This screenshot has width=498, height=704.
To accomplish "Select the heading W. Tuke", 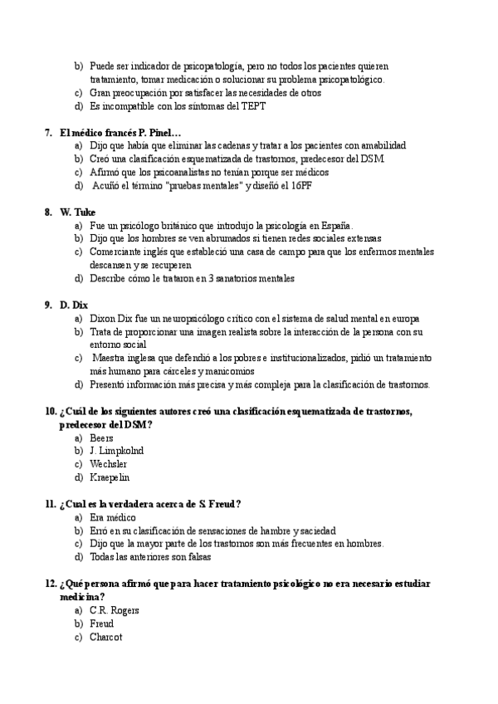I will tap(78, 212).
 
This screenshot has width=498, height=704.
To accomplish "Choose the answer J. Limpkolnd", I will tap(116, 450).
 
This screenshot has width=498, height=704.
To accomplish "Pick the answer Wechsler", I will tap(108, 463).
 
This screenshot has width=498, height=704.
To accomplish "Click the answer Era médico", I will tap(112, 516).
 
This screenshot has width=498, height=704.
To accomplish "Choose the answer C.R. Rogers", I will tap(115, 610).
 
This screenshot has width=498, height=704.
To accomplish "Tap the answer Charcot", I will tap(106, 637).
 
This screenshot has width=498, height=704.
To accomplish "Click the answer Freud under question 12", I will tap(102, 623).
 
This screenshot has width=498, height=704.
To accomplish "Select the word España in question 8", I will tap(332, 225).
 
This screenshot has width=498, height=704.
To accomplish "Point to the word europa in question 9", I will tap(403, 318).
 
